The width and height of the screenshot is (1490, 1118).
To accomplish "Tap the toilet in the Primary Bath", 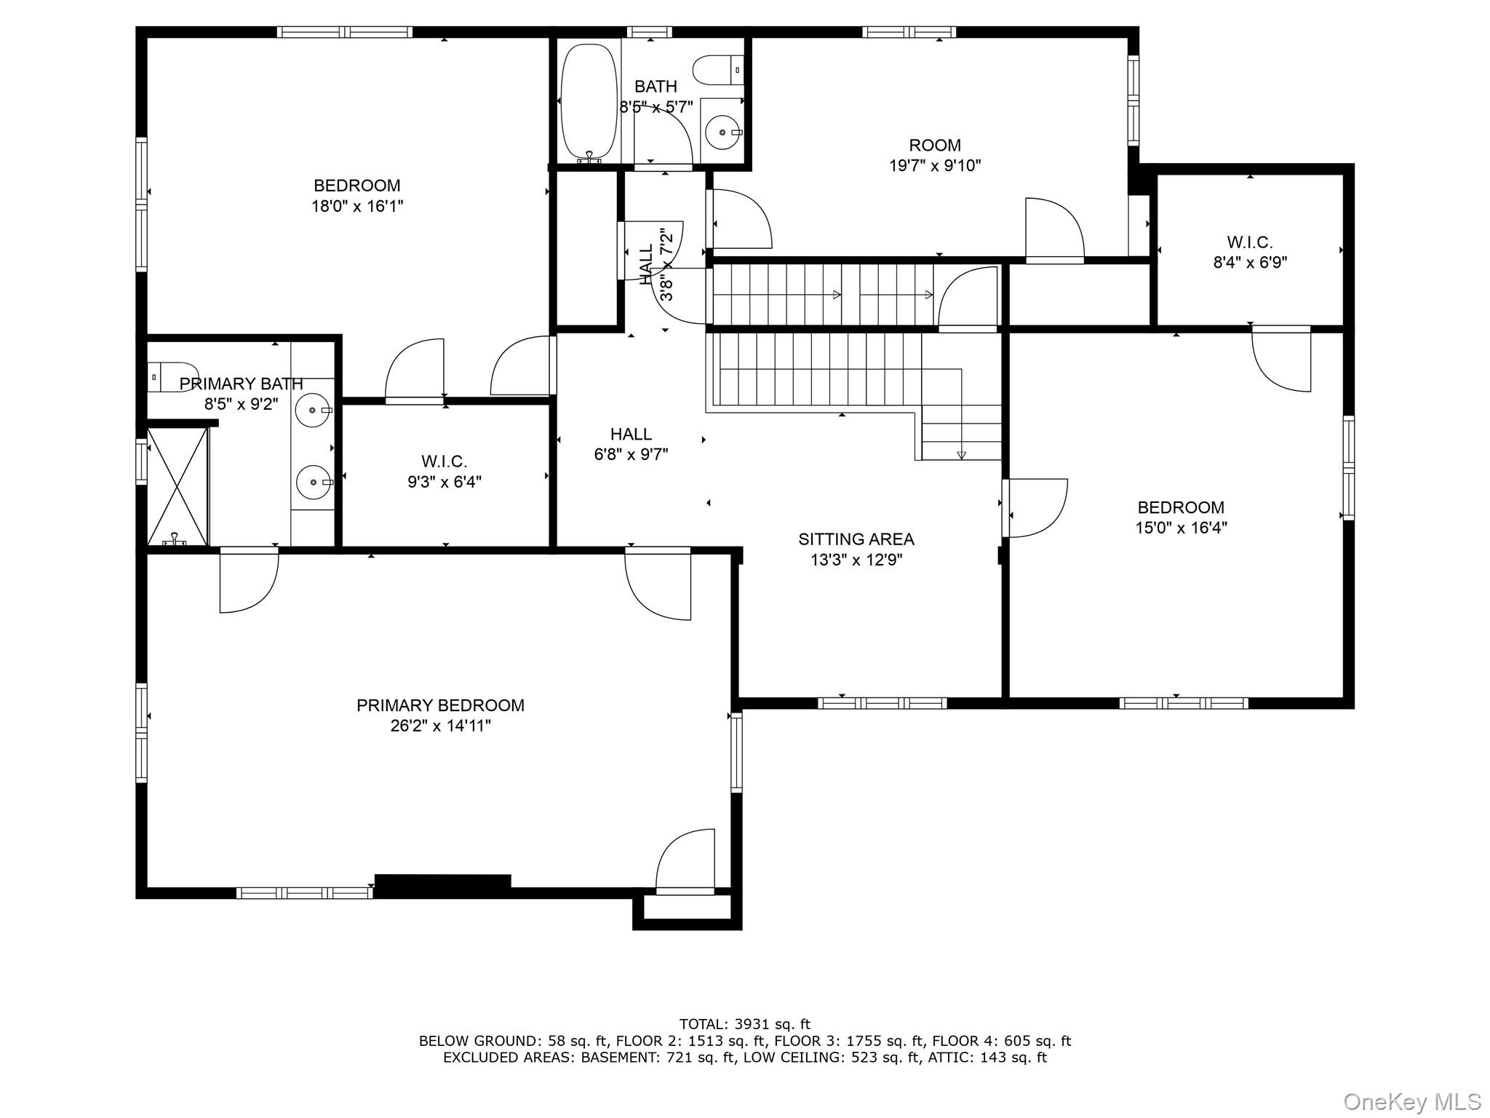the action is [x=172, y=377].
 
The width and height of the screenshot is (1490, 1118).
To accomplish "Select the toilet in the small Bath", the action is [x=718, y=70].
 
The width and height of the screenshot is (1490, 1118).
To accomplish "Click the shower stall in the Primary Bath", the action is [x=178, y=486].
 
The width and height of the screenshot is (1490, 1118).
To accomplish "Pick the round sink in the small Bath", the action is [x=723, y=132].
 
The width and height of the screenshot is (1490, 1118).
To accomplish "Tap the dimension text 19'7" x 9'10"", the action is [x=935, y=166].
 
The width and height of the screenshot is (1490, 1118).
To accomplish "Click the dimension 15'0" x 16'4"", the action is [x=1181, y=528].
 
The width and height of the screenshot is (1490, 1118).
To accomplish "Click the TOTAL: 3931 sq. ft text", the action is [x=745, y=1024].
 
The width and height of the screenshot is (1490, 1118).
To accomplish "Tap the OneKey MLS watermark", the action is [x=1411, y=1101].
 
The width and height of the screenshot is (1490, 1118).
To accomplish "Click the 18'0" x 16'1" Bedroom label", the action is [x=357, y=196].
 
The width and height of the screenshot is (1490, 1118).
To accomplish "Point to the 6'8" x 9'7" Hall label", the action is [x=631, y=444].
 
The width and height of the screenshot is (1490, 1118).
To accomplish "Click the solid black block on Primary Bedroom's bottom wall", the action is [x=442, y=881].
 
